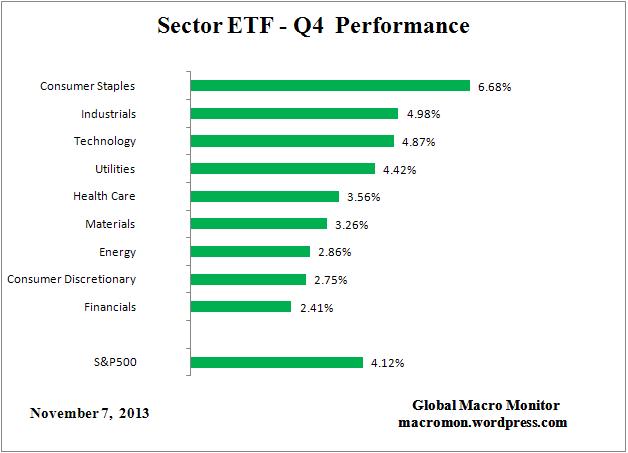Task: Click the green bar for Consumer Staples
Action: [329, 86]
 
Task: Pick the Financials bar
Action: [240, 307]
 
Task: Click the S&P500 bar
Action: [276, 362]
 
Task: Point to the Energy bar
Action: [250, 252]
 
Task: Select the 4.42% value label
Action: [398, 170]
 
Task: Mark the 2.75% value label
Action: [329, 280]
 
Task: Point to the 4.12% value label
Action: [386, 363]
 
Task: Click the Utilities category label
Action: [111, 169]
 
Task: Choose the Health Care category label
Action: [104, 196]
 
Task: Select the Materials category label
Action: [110, 224]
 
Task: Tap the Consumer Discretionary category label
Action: [71, 279]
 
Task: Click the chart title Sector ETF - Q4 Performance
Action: [313, 26]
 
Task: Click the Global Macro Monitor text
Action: [485, 405]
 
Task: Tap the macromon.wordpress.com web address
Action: [485, 422]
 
